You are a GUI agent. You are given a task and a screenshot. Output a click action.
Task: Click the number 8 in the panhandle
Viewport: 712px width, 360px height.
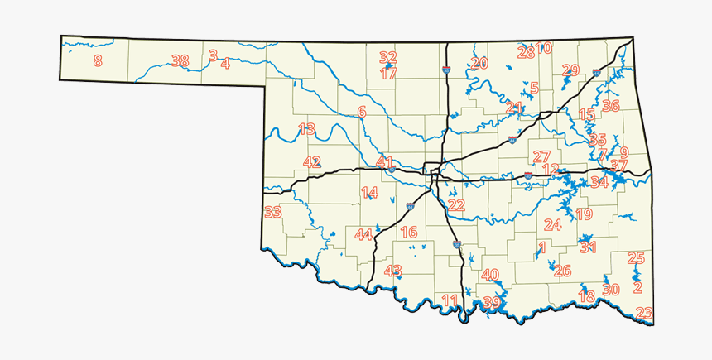98,60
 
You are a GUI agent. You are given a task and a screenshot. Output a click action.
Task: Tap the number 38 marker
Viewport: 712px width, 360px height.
180,60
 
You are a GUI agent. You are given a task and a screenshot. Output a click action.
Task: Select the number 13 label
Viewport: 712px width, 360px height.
306,129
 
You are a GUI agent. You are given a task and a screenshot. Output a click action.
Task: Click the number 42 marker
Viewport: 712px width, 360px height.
311,162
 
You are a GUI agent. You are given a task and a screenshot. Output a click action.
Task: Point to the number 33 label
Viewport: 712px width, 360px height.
273,213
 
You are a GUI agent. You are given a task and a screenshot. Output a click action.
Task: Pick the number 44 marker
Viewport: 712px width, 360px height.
364,234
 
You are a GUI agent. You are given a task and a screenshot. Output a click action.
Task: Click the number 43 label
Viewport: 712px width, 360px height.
393,271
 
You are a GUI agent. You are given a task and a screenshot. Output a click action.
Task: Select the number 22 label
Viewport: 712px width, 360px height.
456,205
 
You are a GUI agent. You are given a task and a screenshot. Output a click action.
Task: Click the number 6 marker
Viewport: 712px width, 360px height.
362,111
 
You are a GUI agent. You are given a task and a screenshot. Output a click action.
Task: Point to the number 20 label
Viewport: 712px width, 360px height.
479,63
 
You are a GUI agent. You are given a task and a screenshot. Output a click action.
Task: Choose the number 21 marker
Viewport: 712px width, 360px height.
514,108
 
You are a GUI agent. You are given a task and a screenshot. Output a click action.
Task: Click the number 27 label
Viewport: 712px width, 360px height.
541,156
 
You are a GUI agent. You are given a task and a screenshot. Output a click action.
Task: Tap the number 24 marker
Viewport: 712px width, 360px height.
552,224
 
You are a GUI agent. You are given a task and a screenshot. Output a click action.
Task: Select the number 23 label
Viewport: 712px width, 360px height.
644,313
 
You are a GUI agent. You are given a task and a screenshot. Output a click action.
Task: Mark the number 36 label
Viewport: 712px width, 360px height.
611,105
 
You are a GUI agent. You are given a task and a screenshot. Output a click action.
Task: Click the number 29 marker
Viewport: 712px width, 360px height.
570,70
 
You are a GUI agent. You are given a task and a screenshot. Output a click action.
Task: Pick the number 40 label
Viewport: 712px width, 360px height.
490,275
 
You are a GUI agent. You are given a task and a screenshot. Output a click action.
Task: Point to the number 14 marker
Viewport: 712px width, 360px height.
369,193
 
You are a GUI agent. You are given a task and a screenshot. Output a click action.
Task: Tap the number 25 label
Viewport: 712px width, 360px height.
636,258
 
